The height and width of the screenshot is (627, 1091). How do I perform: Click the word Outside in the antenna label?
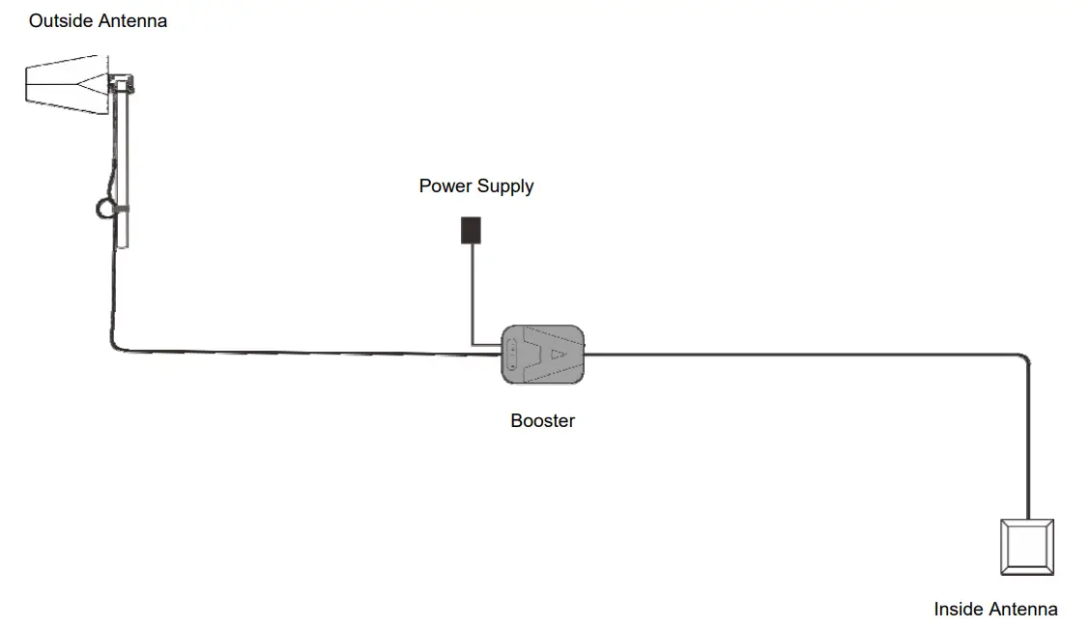pyautogui.click(x=61, y=20)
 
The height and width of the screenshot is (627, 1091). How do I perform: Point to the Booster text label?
pyautogui.click(x=542, y=421)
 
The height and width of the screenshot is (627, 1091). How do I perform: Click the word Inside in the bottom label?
pyautogui.click(x=958, y=610)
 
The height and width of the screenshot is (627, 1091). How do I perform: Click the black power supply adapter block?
pyautogui.click(x=471, y=230)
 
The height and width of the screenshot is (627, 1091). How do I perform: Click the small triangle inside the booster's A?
pyautogui.click(x=558, y=355)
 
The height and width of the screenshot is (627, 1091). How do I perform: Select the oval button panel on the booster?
pyautogui.click(x=512, y=356)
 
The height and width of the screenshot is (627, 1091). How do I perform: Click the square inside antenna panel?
pyautogui.click(x=1026, y=548)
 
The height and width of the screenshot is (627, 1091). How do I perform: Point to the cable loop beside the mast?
pyautogui.click(x=104, y=207)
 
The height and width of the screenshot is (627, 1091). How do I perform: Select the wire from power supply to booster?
pyautogui.click(x=472, y=299)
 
